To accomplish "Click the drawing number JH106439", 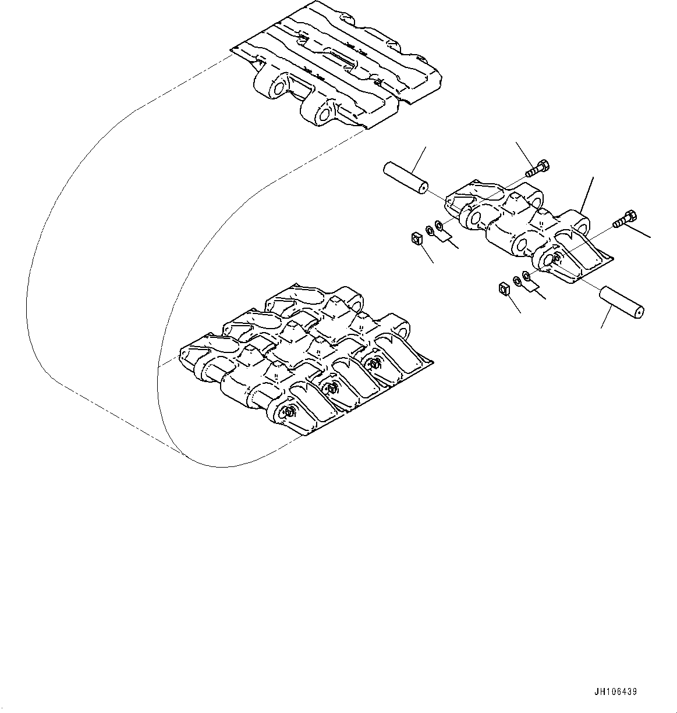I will click(616, 692).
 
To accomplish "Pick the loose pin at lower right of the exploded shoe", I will click(622, 301).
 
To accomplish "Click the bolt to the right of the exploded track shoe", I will click(625, 219).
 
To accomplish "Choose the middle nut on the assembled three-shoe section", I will click(331, 388).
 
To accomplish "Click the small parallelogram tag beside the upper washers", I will click(446, 234).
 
